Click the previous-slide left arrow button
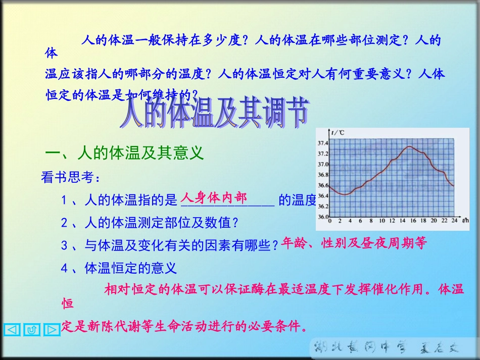(x=12, y=330)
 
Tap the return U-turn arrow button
(x=32, y=330)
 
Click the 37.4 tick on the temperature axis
(x=322, y=143)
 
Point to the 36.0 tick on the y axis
(x=322, y=217)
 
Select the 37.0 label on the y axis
(x=322, y=165)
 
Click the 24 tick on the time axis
(x=454, y=221)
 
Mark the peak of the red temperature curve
(x=409, y=147)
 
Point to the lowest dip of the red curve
(x=345, y=194)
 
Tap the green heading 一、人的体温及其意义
(x=124, y=152)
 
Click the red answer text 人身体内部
(x=214, y=197)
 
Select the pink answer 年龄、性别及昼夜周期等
(x=354, y=244)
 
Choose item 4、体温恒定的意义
(x=119, y=268)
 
